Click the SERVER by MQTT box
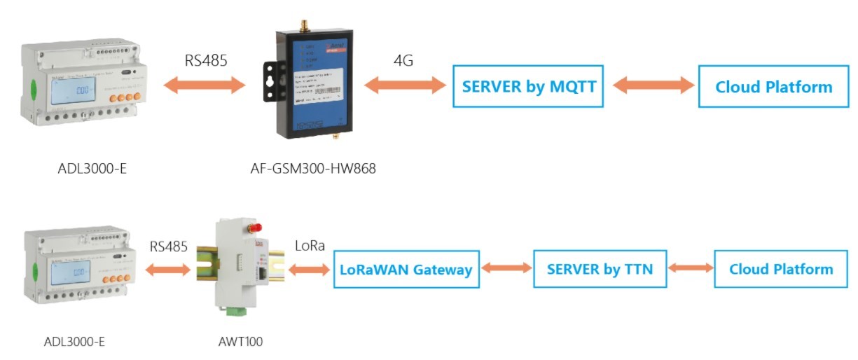coord(527,86)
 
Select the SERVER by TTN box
coord(600,269)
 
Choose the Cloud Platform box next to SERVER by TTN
coord(781,269)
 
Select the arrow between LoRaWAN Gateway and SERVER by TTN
coord(506,268)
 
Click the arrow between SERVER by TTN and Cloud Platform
coord(691,268)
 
